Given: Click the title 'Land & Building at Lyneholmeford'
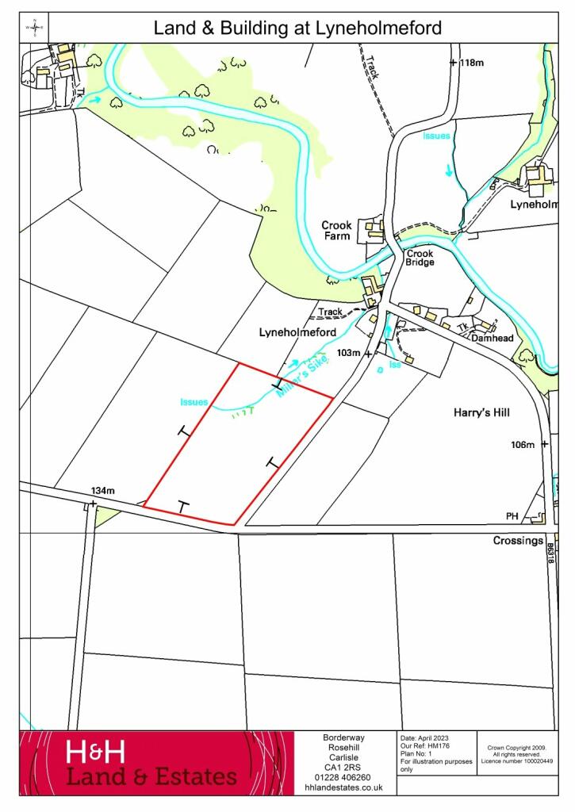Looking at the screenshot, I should click(297, 29).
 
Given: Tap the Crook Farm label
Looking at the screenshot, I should click(336, 230).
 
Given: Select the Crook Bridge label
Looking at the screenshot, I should click(420, 258).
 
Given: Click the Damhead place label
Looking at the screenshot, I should click(493, 338).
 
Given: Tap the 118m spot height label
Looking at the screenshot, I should click(470, 63).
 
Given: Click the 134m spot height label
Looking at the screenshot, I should click(102, 492).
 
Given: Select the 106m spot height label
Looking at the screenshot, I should click(523, 445).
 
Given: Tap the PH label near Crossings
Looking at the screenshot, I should click(512, 516).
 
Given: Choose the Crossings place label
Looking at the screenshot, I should click(518, 541).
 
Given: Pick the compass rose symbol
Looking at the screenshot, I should click(35, 28).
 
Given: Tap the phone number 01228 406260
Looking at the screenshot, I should click(344, 777).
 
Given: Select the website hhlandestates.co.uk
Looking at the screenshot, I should click(344, 787).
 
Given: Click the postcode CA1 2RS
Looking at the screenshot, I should click(344, 767).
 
